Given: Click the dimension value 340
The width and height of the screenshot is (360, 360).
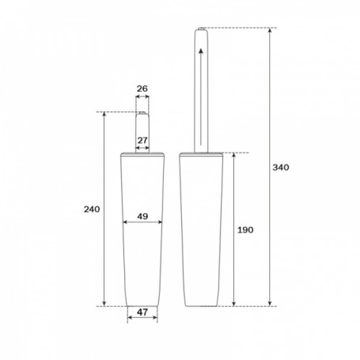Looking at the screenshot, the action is pos(281,168).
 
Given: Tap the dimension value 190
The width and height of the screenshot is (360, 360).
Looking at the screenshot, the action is pos(245,230).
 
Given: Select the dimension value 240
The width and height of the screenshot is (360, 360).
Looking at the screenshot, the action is pos(92,210).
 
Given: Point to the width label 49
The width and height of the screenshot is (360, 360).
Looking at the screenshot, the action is pos(142,216).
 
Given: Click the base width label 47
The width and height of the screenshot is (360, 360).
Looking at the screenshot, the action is pos(142,313).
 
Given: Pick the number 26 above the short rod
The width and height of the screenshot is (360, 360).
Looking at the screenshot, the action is pos(142,89).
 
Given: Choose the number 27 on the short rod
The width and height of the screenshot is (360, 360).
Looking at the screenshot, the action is pos(142,140).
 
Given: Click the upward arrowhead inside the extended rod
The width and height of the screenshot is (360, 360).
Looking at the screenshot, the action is pos(201,51).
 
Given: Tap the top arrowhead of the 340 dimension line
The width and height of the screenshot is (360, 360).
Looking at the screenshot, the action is pos(270,30).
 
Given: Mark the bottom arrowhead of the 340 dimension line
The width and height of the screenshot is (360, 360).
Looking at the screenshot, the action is pos(270,303).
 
